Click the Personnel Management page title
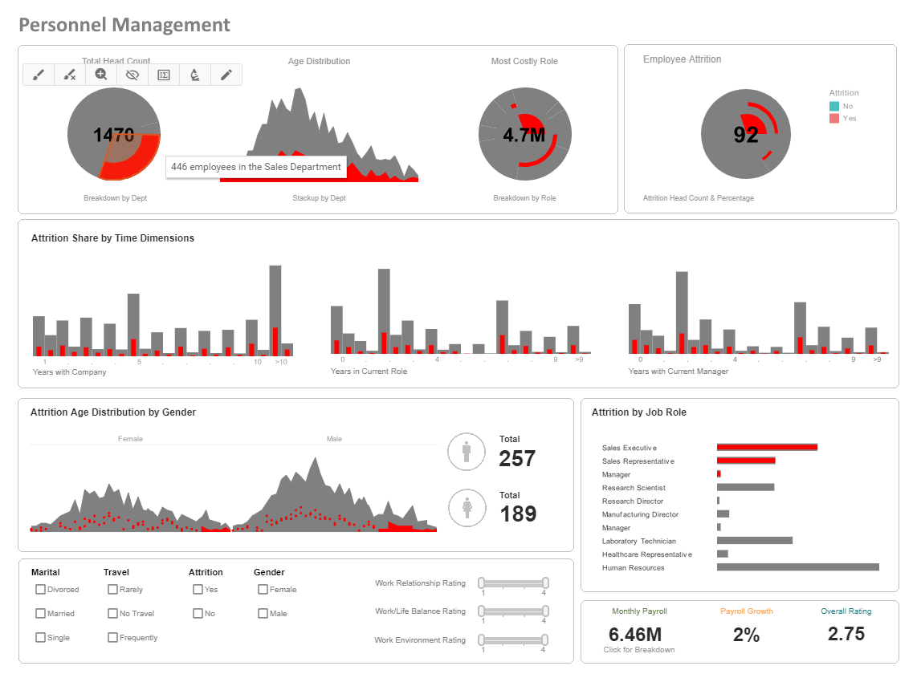[x=124, y=25]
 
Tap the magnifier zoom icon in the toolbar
[x=101, y=75]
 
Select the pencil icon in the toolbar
[x=226, y=75]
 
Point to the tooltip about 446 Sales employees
[x=256, y=167]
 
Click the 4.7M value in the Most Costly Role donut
[x=524, y=135]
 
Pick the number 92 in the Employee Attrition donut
[x=746, y=135]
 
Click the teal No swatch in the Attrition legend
[x=834, y=106]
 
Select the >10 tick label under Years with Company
[x=281, y=362]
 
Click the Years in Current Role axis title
[x=369, y=372]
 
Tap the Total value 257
[x=517, y=458]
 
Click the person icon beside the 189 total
[x=467, y=508]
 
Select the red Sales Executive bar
[x=767, y=447]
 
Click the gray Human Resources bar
[x=797, y=567]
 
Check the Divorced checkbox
[x=40, y=589]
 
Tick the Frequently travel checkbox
[x=112, y=637]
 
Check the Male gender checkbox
[x=263, y=613]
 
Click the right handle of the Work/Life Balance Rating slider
[x=545, y=611]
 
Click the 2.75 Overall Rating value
[x=846, y=634]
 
